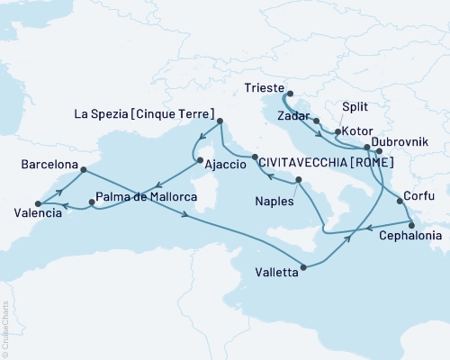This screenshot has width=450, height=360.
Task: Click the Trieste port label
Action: coord(264,89)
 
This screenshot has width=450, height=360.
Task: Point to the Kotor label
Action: coord(355,132)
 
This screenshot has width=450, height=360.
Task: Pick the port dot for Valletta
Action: coord(306,266)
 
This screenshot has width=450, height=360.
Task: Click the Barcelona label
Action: coord(48,166)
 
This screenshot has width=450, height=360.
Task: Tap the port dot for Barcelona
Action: coord(83,169)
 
